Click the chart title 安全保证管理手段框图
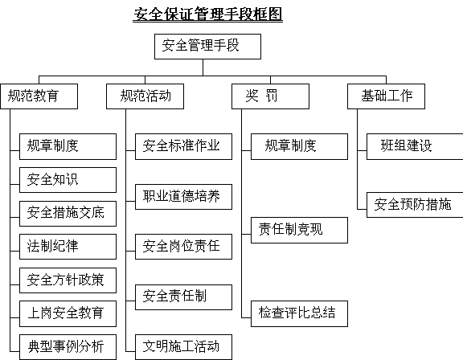pyautogui.click(x=208, y=14)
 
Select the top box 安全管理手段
pyautogui.click(x=207, y=47)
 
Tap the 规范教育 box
pyautogui.click(x=39, y=96)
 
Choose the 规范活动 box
pyautogui.click(x=145, y=96)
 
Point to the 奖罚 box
pyautogui.click(x=270, y=96)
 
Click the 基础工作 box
pyautogui.click(x=386, y=96)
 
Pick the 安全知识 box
pyautogui.click(x=68, y=180)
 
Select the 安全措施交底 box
pyautogui.click(x=68, y=214)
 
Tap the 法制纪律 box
pyautogui.click(x=68, y=247)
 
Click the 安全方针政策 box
pyautogui.click(x=68, y=280)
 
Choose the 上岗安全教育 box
pyautogui.click(x=68, y=313)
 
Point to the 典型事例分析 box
pyautogui.click(x=68, y=347)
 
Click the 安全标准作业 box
pyautogui.click(x=183, y=147)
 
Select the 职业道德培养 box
pyautogui.click(x=183, y=197)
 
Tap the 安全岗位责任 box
pyautogui.click(x=183, y=247)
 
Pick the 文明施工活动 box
pyautogui.click(x=183, y=347)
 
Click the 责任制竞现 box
pyautogui.click(x=299, y=230)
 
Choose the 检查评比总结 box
pyautogui.click(x=299, y=313)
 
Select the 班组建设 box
pyautogui.click(x=415, y=147)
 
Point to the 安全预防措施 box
pyautogui.click(x=415, y=205)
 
